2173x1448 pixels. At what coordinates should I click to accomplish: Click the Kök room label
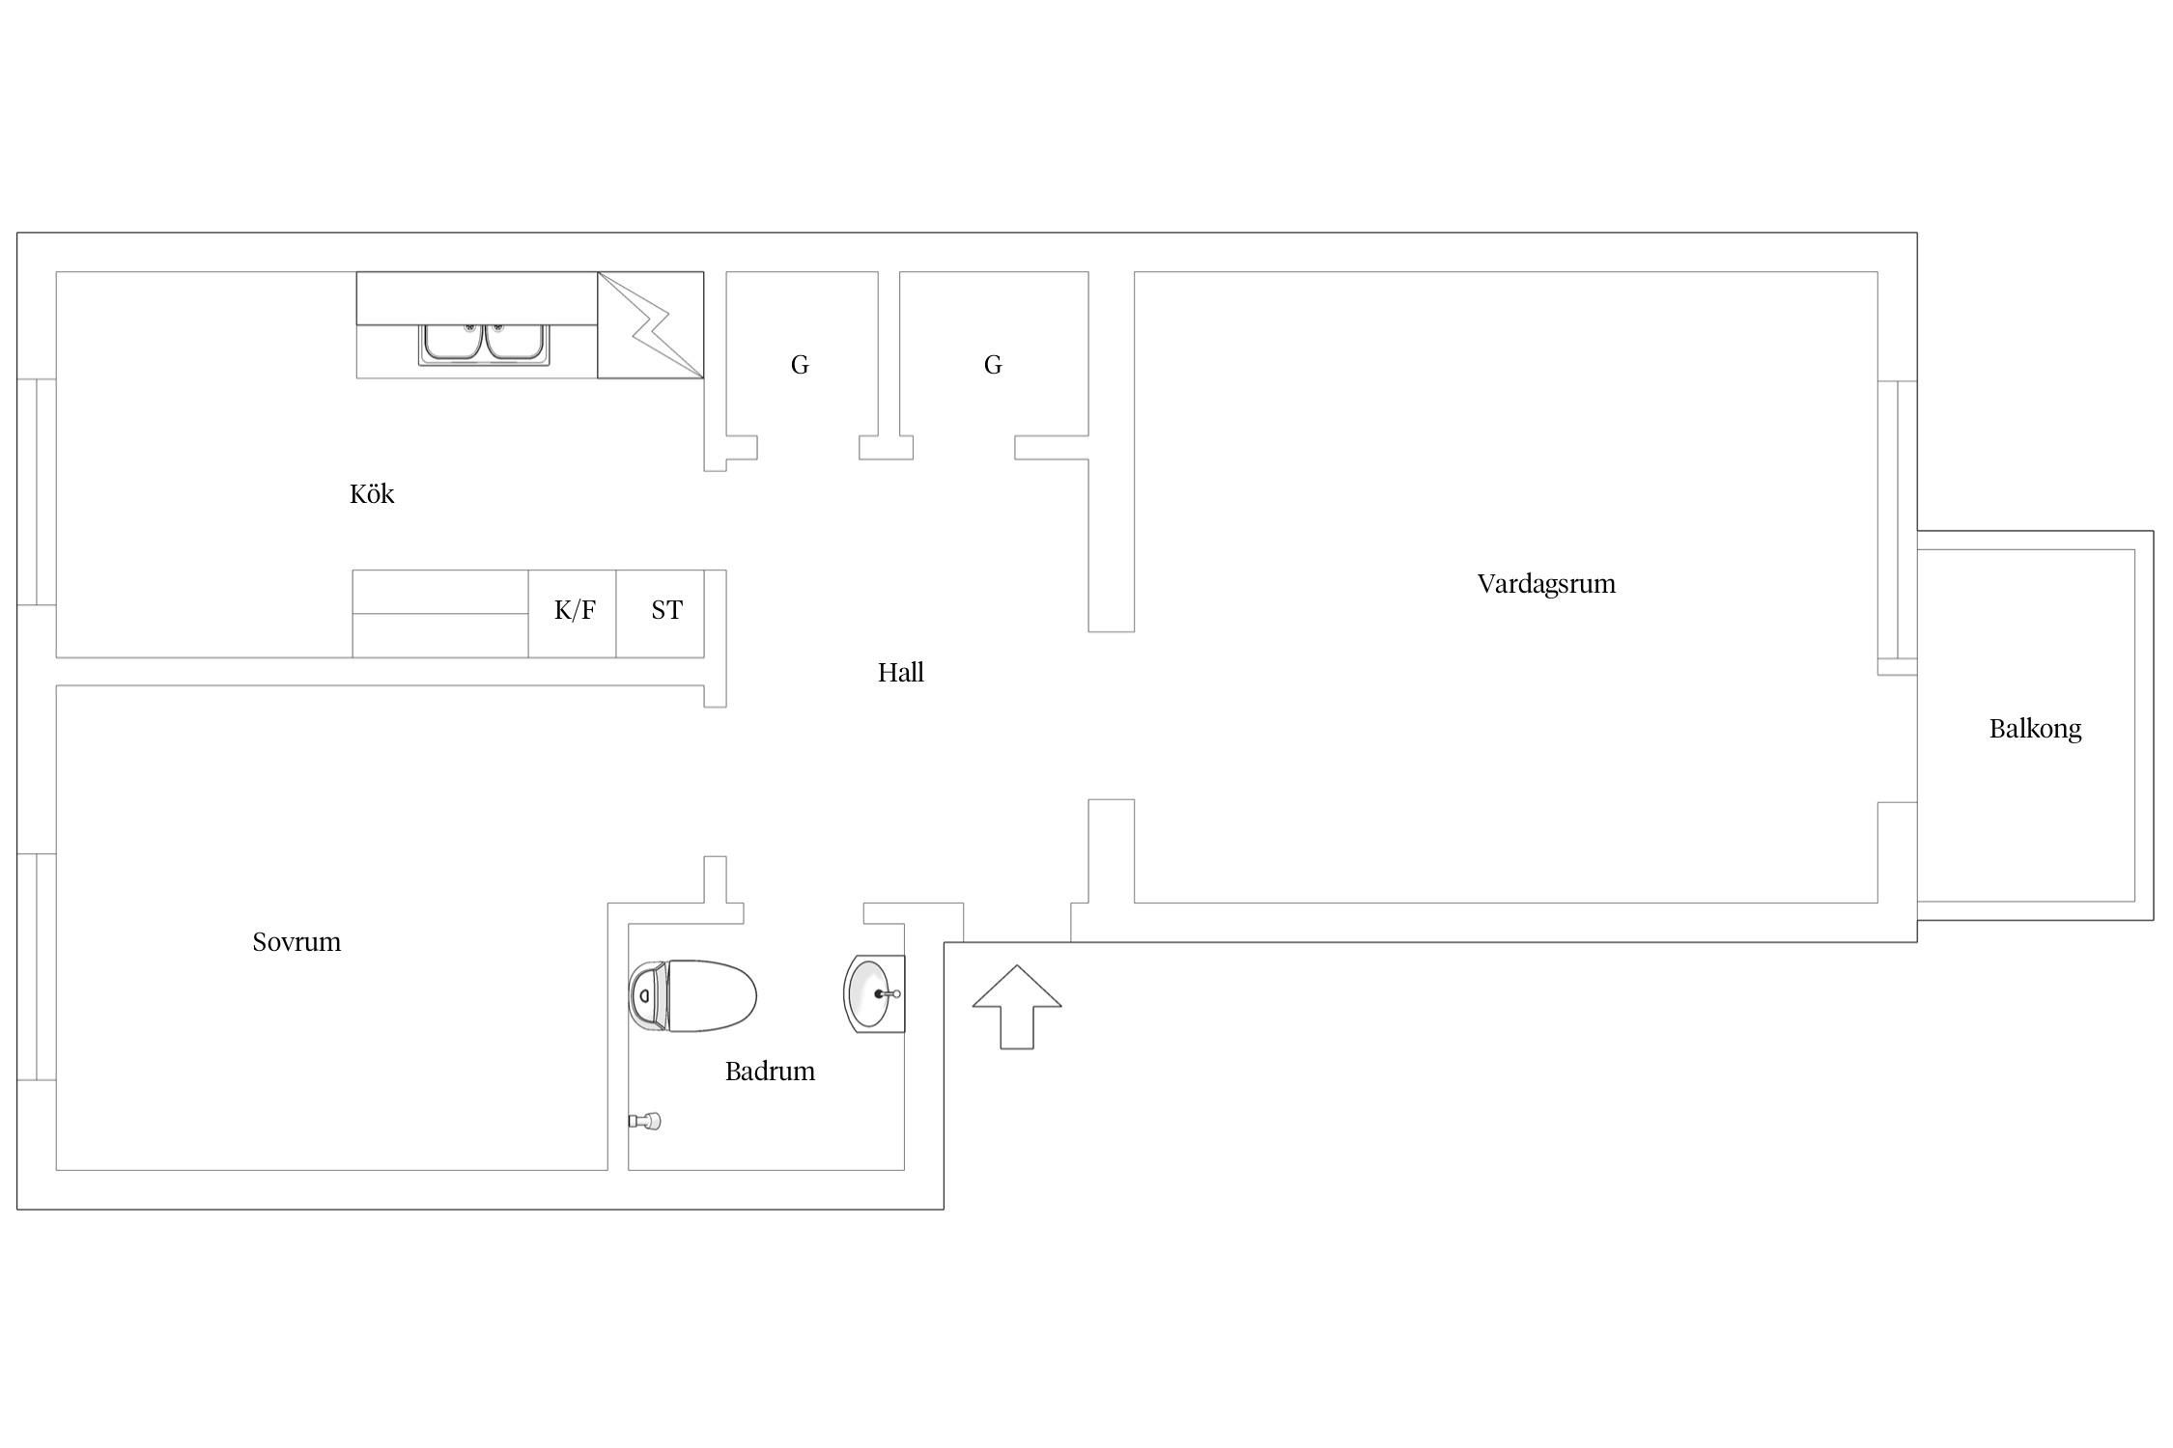[372, 494]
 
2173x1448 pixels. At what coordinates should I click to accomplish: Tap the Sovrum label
[296, 942]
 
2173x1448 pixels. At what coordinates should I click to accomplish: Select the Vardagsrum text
[1546, 584]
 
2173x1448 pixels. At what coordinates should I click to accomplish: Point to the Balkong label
[2035, 729]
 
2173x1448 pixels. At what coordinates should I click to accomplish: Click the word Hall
[900, 673]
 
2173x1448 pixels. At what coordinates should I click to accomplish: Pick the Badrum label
[770, 1072]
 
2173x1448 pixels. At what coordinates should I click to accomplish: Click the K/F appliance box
[573, 614]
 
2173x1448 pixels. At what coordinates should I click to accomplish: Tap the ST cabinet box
[661, 614]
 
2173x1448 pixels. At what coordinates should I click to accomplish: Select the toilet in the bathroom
[692, 996]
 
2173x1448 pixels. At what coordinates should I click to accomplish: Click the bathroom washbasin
[875, 993]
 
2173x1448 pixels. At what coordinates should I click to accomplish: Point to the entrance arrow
[1017, 1007]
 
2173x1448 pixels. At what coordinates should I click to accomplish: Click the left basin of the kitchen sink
[453, 344]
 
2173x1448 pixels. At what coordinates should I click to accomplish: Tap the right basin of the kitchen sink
[515, 344]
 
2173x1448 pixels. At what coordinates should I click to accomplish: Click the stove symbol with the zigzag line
[651, 325]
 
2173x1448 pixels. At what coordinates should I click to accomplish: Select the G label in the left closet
[800, 365]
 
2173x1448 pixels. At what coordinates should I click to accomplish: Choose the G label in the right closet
[993, 365]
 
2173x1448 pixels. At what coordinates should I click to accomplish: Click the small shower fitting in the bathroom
[645, 1121]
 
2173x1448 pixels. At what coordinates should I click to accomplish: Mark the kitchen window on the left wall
[37, 492]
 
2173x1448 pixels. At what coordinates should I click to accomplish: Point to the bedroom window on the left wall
[37, 967]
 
